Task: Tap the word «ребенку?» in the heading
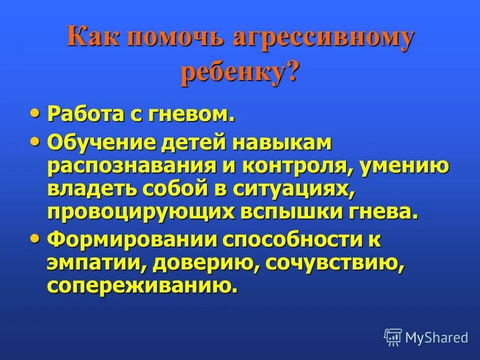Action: [239, 73]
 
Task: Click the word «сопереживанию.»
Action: [140, 285]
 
